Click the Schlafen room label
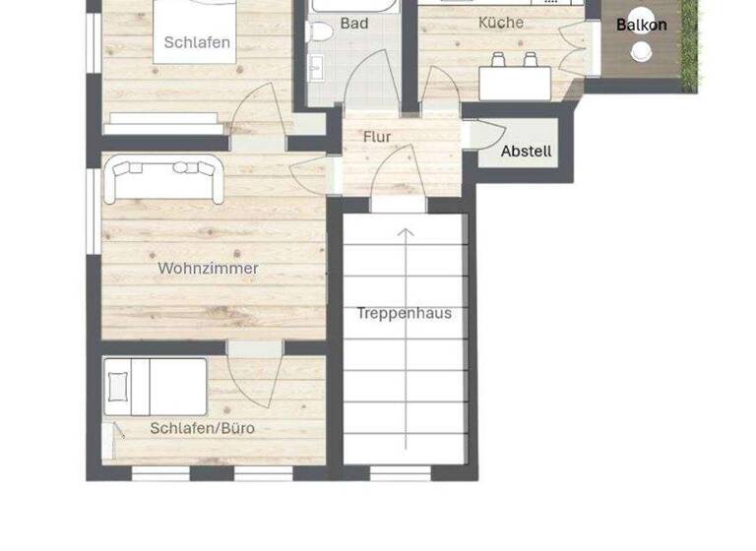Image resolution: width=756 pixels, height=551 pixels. (x=197, y=42)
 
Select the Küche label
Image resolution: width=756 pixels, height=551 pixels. (x=501, y=23)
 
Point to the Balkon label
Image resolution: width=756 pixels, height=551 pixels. (x=642, y=26)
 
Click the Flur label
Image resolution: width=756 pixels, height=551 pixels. (x=377, y=137)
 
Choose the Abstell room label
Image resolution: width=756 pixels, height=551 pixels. (x=527, y=153)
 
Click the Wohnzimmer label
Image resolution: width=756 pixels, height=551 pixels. (x=209, y=268)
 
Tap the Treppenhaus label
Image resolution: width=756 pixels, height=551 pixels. (x=405, y=313)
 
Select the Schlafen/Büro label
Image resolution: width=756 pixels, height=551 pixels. (x=203, y=428)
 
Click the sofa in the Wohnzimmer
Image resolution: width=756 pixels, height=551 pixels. (x=165, y=177)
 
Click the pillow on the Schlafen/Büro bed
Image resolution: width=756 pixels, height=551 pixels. (x=119, y=386)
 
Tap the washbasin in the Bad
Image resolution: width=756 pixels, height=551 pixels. (x=317, y=69)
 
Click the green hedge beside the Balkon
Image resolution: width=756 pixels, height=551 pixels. (x=689, y=44)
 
